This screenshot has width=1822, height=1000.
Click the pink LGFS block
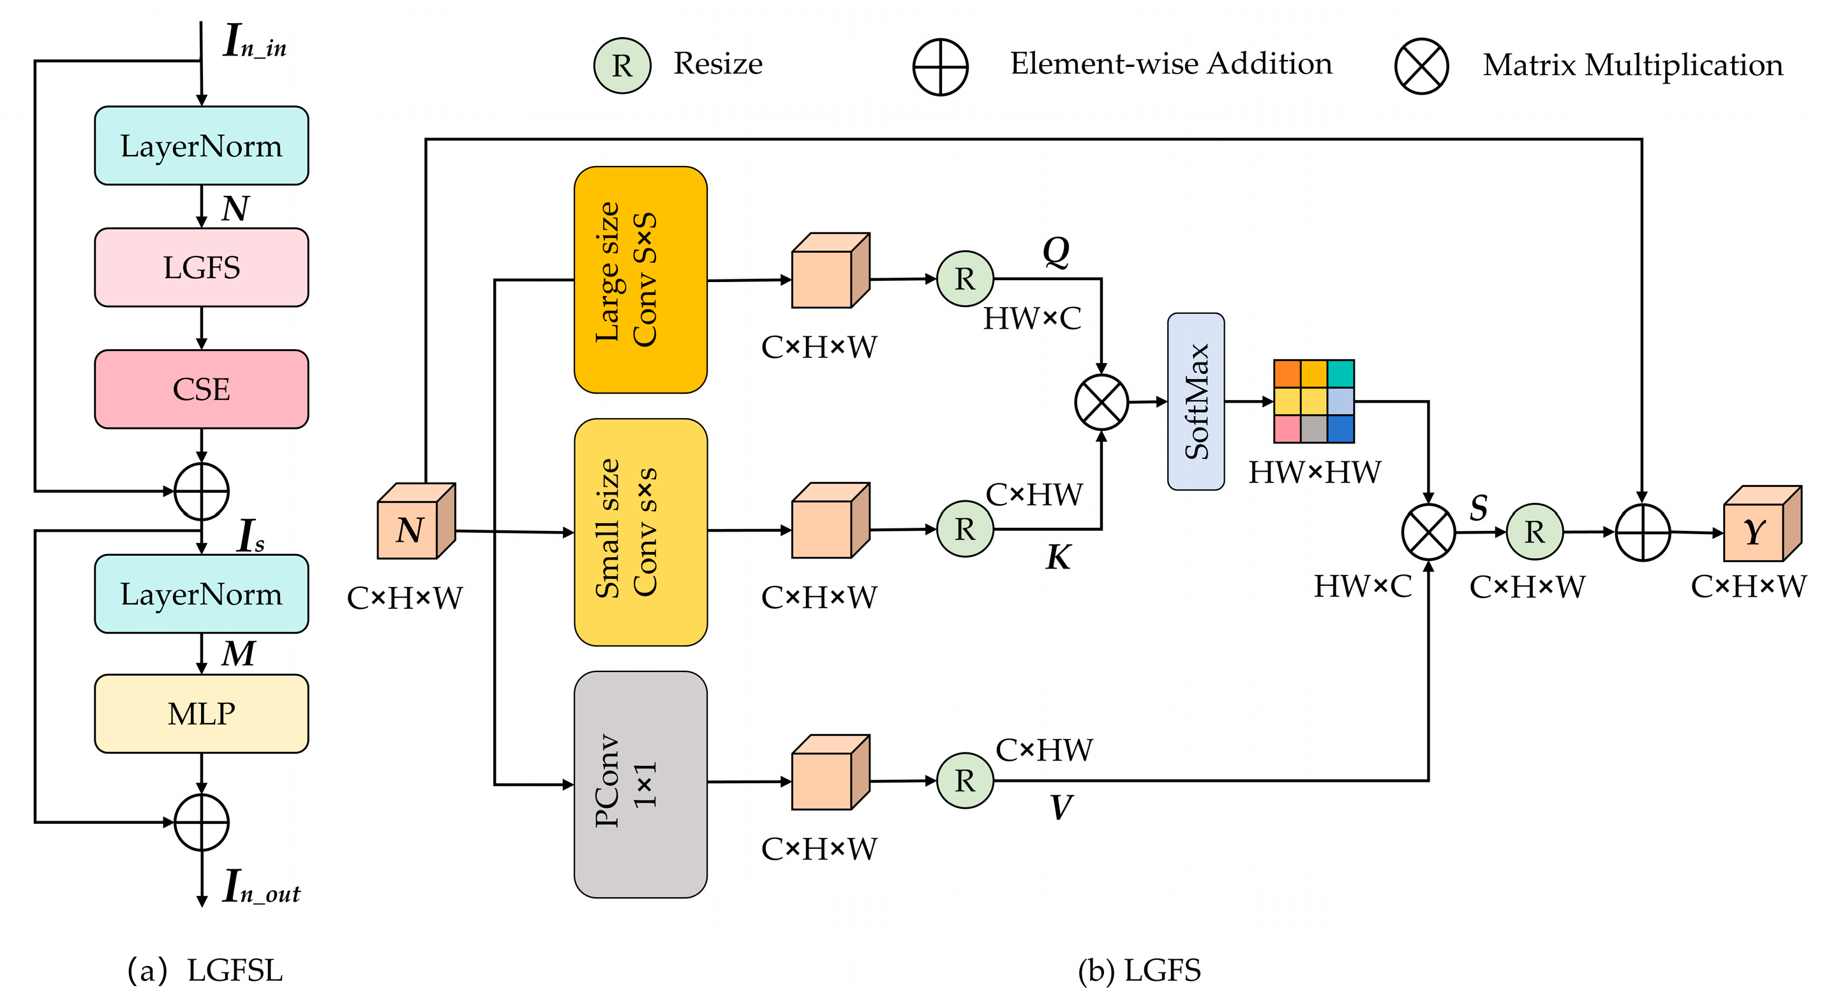tap(201, 267)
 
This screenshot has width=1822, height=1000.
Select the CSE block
tap(201, 389)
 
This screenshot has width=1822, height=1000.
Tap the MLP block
tap(201, 713)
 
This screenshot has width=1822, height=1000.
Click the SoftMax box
tap(1195, 401)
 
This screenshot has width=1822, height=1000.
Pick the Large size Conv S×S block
tap(640, 280)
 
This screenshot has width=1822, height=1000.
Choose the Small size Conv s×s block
tap(640, 532)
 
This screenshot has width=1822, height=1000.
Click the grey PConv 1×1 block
tap(640, 784)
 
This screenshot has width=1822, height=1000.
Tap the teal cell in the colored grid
tap(1340, 373)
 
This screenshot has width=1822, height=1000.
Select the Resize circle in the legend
tap(622, 66)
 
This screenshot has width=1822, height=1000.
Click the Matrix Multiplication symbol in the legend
tap(1421, 66)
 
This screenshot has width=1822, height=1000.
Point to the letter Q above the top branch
tap(1056, 251)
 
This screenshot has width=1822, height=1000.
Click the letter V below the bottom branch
tap(1060, 807)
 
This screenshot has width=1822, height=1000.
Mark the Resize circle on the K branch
tap(965, 528)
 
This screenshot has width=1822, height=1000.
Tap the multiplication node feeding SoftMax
tap(1101, 401)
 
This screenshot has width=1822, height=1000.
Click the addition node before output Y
tap(1642, 532)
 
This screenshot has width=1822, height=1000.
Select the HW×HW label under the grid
tap(1314, 472)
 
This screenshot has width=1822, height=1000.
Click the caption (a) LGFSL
tap(205, 969)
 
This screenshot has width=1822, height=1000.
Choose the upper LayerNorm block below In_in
tap(201, 146)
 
